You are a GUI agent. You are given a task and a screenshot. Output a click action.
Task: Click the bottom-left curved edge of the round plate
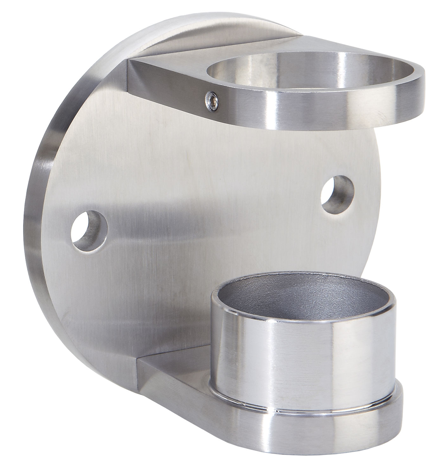click(63, 317)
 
